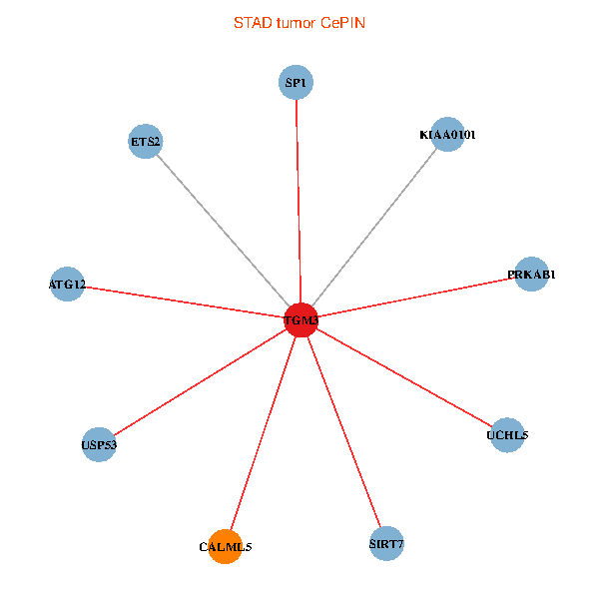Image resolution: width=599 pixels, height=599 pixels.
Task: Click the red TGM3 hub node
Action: pos(300,319)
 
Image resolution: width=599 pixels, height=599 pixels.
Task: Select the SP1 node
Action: pos(296,83)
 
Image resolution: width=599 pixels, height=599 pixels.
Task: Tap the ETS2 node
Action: pos(146,141)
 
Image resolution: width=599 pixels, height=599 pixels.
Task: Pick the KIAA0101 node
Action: pos(447,134)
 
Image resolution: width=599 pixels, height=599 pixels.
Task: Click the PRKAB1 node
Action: pos(531,274)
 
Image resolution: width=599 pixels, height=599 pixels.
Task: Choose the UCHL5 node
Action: pos(507,435)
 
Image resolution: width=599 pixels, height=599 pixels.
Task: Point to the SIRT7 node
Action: pos(386,544)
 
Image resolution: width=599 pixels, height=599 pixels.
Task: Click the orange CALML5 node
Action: pos(226,547)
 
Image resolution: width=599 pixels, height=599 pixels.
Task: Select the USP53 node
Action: pos(99,444)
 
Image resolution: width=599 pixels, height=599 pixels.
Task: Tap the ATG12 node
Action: pos(67,285)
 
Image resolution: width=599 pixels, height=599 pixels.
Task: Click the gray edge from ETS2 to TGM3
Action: pos(224,231)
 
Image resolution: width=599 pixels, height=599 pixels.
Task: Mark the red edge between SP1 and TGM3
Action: pos(298,200)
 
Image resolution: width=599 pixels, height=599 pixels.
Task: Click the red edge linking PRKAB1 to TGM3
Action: pos(415,297)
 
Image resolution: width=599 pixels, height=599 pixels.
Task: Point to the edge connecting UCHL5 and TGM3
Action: pos(403,377)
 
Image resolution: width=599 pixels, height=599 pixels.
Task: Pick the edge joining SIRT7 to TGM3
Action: pos(343,431)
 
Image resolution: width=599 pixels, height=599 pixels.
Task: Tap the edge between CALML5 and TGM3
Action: pos(263,433)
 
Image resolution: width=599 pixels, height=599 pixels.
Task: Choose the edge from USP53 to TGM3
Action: pos(200,381)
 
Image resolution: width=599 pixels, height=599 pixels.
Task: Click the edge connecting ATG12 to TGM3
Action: pos(184,301)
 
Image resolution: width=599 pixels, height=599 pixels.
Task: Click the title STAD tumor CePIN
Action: pos(299,22)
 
